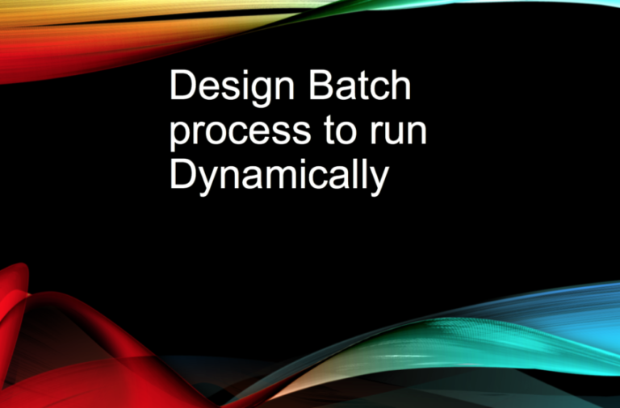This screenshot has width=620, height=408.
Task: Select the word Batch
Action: (361, 85)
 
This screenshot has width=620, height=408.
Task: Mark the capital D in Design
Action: (181, 85)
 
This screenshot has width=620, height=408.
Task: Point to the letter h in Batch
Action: (400, 85)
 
